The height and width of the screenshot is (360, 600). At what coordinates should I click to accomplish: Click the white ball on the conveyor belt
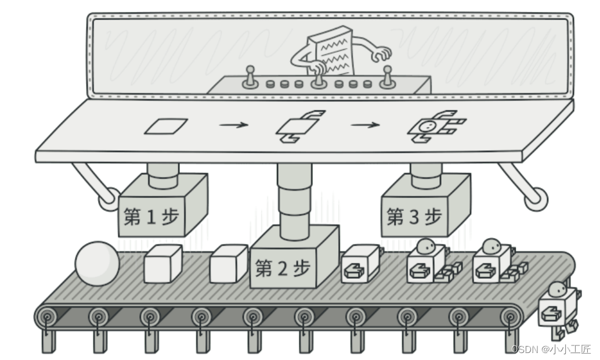[97, 264]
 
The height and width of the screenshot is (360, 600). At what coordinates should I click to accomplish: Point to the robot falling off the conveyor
[558, 311]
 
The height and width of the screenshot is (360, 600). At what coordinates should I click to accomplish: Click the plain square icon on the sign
[165, 126]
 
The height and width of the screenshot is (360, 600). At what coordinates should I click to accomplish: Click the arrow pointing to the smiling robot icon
[366, 125]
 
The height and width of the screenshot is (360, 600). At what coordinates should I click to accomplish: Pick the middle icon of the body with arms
[298, 126]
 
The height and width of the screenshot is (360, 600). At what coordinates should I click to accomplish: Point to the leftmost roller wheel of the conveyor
[47, 317]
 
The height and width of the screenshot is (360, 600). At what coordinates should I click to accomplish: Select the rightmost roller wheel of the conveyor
[510, 317]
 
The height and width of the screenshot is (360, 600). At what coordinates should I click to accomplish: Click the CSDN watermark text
[551, 349]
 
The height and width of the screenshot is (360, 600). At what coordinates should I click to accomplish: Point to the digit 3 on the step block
[414, 217]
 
